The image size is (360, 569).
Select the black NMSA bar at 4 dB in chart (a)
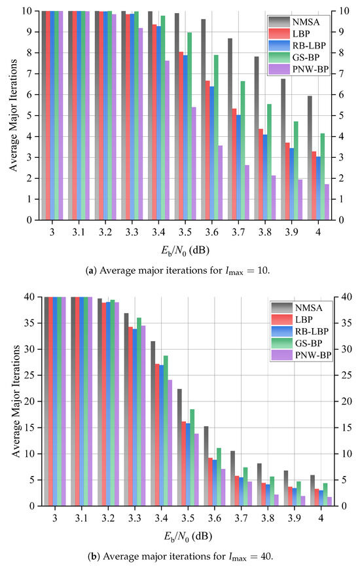tap(310, 158)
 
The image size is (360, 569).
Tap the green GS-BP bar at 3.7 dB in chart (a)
tap(243, 151)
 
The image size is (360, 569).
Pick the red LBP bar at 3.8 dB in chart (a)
tap(261, 175)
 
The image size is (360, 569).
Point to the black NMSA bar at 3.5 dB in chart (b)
tap(179, 447)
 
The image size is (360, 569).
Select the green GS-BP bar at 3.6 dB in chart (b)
tap(219, 477)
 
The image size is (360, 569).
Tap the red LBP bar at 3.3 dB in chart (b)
tap(131, 416)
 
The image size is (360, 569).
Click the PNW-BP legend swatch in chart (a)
tap(279, 69)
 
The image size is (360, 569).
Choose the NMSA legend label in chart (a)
tap(306, 22)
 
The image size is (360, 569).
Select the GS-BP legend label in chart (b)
tap(308, 343)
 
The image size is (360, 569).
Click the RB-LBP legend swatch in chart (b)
tap(282, 331)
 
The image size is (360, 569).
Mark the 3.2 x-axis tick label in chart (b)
tap(108, 518)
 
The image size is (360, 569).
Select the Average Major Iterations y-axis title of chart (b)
tap(16, 401)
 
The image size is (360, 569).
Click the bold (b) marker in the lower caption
tap(93, 556)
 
